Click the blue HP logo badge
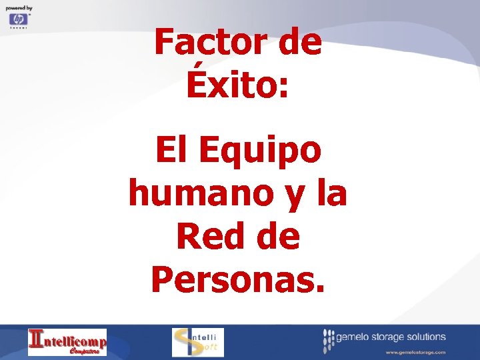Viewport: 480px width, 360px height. coord(18,20)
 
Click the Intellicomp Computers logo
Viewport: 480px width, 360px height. coord(67,341)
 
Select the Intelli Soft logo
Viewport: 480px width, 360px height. coord(198,342)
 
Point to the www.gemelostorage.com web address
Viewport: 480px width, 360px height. coord(415,351)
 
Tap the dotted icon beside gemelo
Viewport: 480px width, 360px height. coord(329,341)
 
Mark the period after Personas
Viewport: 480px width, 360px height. coord(321,289)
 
